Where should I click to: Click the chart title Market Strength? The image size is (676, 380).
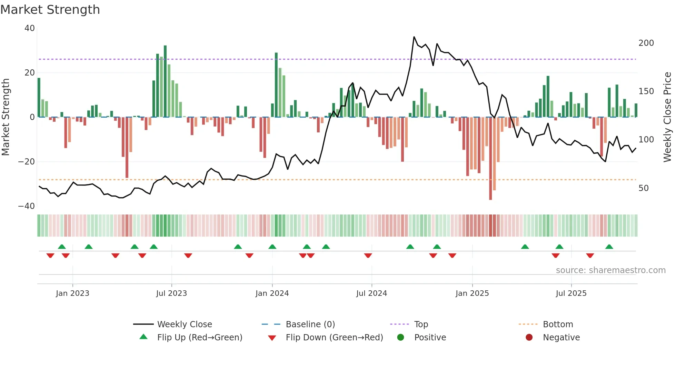click(50, 10)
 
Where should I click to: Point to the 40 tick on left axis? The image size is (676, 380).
click(30, 28)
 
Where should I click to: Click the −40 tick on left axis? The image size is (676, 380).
click(27, 206)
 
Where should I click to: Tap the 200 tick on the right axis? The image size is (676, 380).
click(646, 43)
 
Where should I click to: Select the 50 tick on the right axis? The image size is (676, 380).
click(643, 188)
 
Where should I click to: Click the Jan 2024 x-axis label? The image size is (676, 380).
click(272, 293)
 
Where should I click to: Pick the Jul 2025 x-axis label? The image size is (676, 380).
click(571, 293)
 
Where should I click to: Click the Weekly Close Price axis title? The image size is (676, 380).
click(667, 117)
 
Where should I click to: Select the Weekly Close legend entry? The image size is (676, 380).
click(184, 324)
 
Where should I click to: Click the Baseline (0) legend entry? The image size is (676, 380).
click(310, 324)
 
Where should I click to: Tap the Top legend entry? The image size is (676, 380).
click(421, 324)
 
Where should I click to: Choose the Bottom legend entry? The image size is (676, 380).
click(558, 324)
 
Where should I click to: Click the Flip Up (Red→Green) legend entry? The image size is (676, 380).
click(199, 338)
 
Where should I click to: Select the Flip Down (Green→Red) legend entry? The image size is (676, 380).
click(334, 338)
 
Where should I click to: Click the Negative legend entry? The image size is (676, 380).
click(561, 338)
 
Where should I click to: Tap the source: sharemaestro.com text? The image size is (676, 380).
click(610, 270)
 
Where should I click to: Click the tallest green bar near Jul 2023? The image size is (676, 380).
click(165, 81)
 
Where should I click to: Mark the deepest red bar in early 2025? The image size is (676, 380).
click(490, 159)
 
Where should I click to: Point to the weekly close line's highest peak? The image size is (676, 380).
click(414, 37)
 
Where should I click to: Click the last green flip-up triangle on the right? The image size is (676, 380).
click(609, 247)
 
